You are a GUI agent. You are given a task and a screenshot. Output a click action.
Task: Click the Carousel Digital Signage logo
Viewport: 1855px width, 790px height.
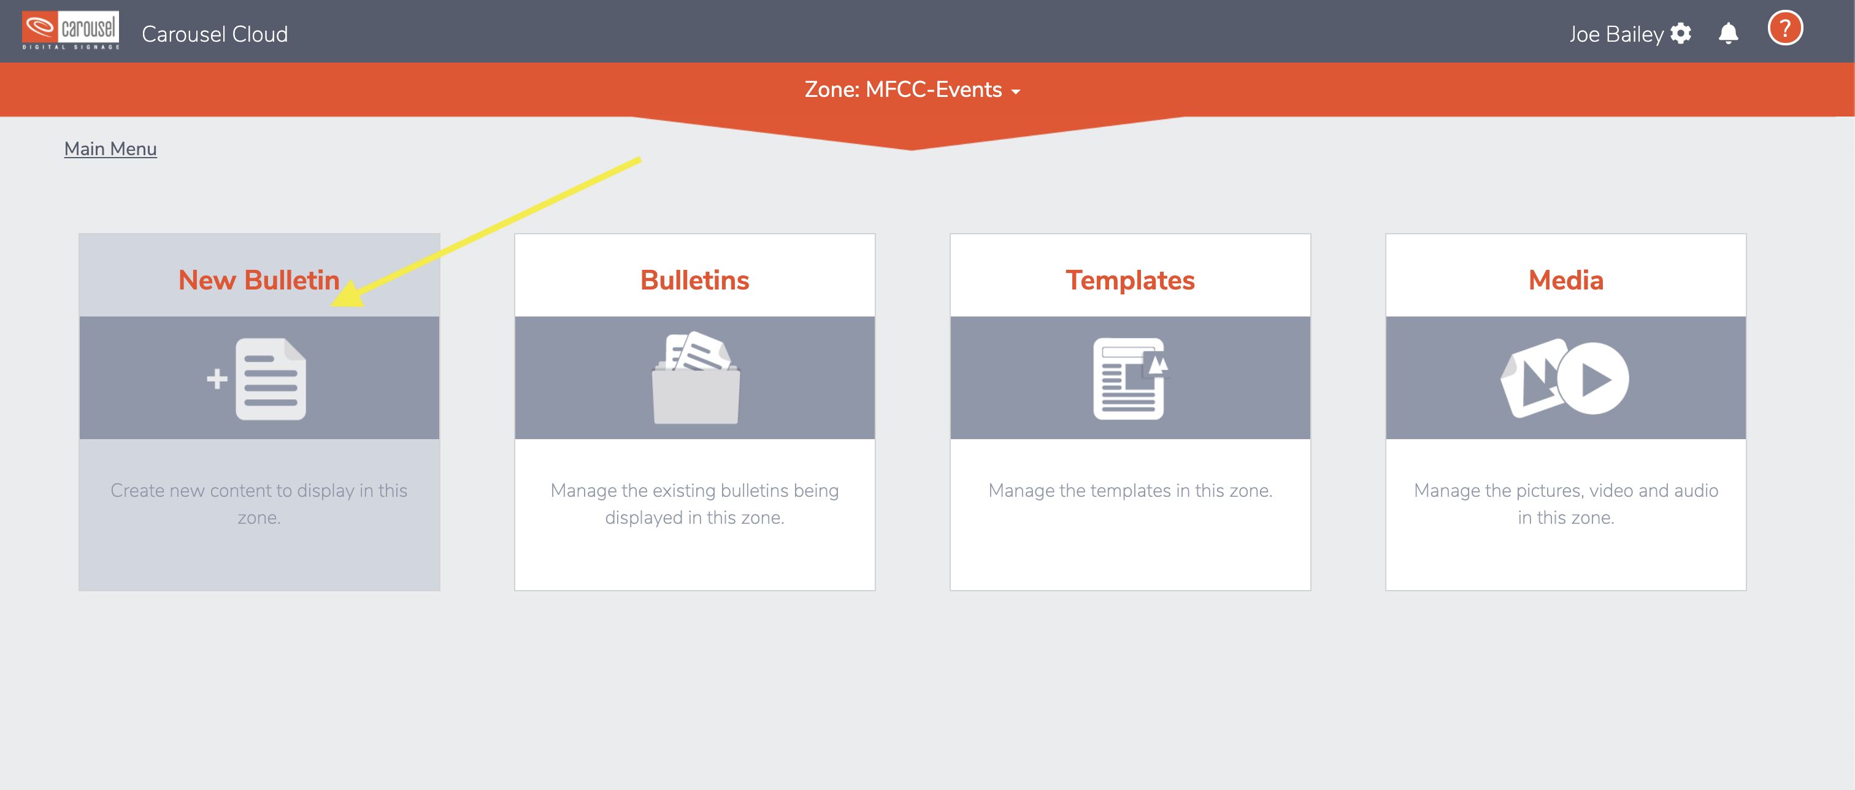coord(71,30)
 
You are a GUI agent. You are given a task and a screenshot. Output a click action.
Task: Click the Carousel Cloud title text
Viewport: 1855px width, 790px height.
coord(215,34)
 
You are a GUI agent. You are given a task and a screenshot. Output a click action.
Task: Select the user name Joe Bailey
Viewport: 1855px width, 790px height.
coord(1616,34)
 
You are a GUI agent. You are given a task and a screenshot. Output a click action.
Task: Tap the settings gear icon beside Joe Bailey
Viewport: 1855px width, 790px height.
coord(1681,33)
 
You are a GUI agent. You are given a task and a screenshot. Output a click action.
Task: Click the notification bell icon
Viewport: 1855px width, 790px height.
coord(1728,33)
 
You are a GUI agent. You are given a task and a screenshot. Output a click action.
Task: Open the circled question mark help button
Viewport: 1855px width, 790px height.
coord(1785,29)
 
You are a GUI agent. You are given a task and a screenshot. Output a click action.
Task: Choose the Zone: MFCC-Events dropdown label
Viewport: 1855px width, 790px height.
coord(903,90)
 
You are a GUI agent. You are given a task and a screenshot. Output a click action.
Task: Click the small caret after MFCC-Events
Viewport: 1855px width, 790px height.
coord(1015,92)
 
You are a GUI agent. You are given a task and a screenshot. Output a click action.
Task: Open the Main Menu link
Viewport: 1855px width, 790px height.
coord(110,148)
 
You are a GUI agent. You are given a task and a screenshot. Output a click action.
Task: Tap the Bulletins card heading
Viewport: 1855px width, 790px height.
coord(695,280)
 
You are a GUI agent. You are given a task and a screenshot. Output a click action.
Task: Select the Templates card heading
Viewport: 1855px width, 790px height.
coord(1131,280)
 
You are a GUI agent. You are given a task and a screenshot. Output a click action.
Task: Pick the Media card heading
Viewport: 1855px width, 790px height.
coord(1566,280)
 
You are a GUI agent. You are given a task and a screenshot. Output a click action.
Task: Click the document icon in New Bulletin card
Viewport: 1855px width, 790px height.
coord(271,379)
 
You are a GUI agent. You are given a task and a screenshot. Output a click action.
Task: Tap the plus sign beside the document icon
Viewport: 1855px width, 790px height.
coord(217,379)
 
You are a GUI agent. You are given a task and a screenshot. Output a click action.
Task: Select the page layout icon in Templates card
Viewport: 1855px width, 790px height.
coord(1129,379)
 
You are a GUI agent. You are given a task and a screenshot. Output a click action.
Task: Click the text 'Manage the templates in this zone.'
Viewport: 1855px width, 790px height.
coord(1131,491)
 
